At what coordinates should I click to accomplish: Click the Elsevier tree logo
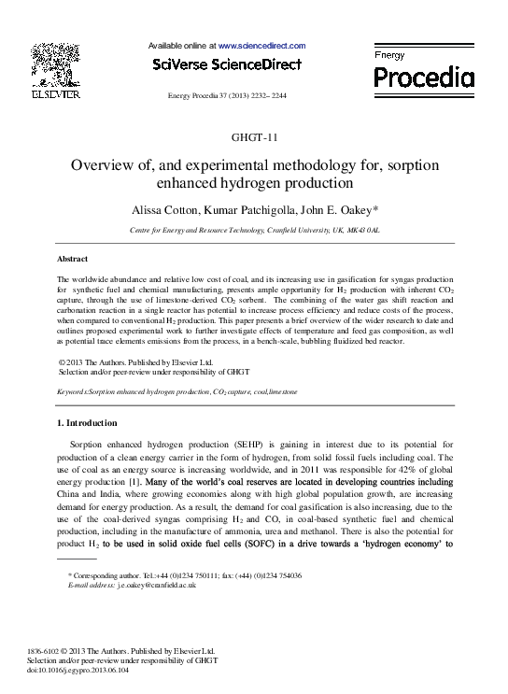click(57, 64)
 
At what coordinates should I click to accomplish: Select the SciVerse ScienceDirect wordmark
click(226, 64)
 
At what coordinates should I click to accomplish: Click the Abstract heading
click(73, 259)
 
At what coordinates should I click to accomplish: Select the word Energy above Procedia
click(389, 56)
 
